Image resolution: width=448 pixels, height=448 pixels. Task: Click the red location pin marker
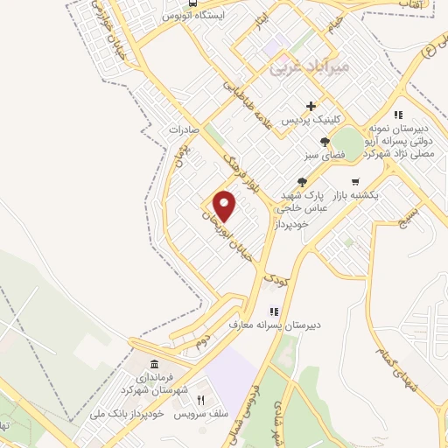tap(226, 206)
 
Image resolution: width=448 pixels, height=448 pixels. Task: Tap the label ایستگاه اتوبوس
tap(197, 16)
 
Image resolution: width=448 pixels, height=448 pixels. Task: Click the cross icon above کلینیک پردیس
tap(311, 106)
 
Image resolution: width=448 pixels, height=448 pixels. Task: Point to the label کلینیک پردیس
tap(311, 119)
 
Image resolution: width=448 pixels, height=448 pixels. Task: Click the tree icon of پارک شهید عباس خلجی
tap(301, 181)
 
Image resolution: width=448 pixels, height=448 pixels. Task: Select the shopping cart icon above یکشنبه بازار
tap(357, 181)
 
